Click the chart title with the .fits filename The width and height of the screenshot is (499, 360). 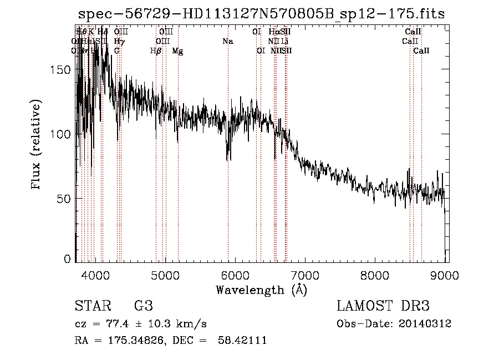point(261,14)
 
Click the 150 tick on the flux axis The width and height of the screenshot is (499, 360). point(64,70)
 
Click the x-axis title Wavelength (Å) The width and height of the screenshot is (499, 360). point(261,289)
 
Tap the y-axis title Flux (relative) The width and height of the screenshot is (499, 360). point(37,145)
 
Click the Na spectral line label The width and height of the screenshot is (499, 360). point(227,41)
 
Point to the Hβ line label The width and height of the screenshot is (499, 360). point(156,50)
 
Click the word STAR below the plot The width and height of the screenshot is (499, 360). point(91,306)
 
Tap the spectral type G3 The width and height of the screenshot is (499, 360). point(143,306)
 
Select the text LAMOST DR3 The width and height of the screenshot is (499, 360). point(383,306)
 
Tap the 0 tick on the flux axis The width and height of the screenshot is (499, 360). point(69,258)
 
